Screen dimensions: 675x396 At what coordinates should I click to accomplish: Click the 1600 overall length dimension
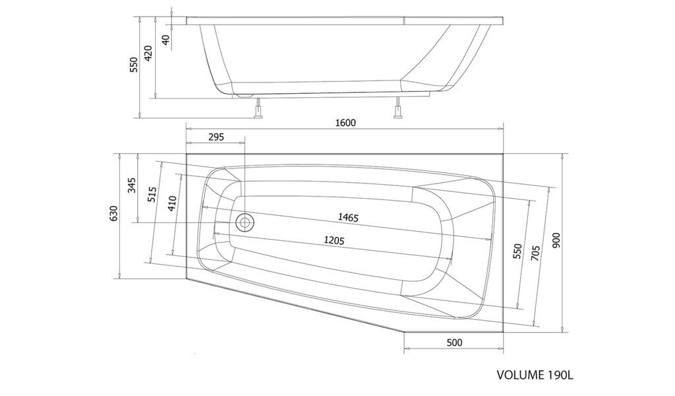point(345,123)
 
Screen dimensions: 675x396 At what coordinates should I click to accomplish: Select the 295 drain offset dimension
point(216,137)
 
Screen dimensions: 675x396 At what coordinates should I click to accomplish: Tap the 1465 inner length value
point(348,217)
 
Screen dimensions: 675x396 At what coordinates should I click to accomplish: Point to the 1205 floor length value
point(334,240)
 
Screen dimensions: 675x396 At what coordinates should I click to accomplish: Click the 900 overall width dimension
point(556,240)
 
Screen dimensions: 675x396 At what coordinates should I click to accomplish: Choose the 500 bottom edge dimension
point(454,343)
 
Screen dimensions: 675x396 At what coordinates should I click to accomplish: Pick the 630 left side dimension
point(113,213)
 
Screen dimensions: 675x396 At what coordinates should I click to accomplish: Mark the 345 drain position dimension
point(132,185)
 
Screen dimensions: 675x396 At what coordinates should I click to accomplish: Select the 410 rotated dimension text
point(172,203)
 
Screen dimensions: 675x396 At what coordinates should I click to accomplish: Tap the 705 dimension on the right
point(535,254)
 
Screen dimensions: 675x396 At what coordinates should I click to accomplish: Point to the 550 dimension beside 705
point(517,251)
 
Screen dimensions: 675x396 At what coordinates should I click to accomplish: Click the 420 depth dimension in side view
point(148,53)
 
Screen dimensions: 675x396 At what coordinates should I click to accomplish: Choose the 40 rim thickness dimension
point(166,40)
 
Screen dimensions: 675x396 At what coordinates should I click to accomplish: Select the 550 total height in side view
point(134,64)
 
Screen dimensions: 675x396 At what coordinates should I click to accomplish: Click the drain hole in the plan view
point(245,222)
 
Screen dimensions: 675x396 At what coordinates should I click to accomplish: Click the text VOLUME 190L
point(535,374)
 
